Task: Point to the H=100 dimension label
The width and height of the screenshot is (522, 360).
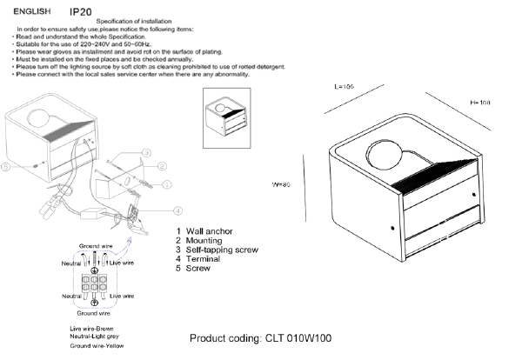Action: [480, 103]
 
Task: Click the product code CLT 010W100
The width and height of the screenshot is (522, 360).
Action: [261, 338]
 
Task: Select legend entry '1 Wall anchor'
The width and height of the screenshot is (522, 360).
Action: [210, 230]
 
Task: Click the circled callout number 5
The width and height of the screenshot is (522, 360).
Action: [6, 166]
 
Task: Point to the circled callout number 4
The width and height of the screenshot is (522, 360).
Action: [177, 210]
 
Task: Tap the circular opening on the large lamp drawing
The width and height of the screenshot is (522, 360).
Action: [385, 157]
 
